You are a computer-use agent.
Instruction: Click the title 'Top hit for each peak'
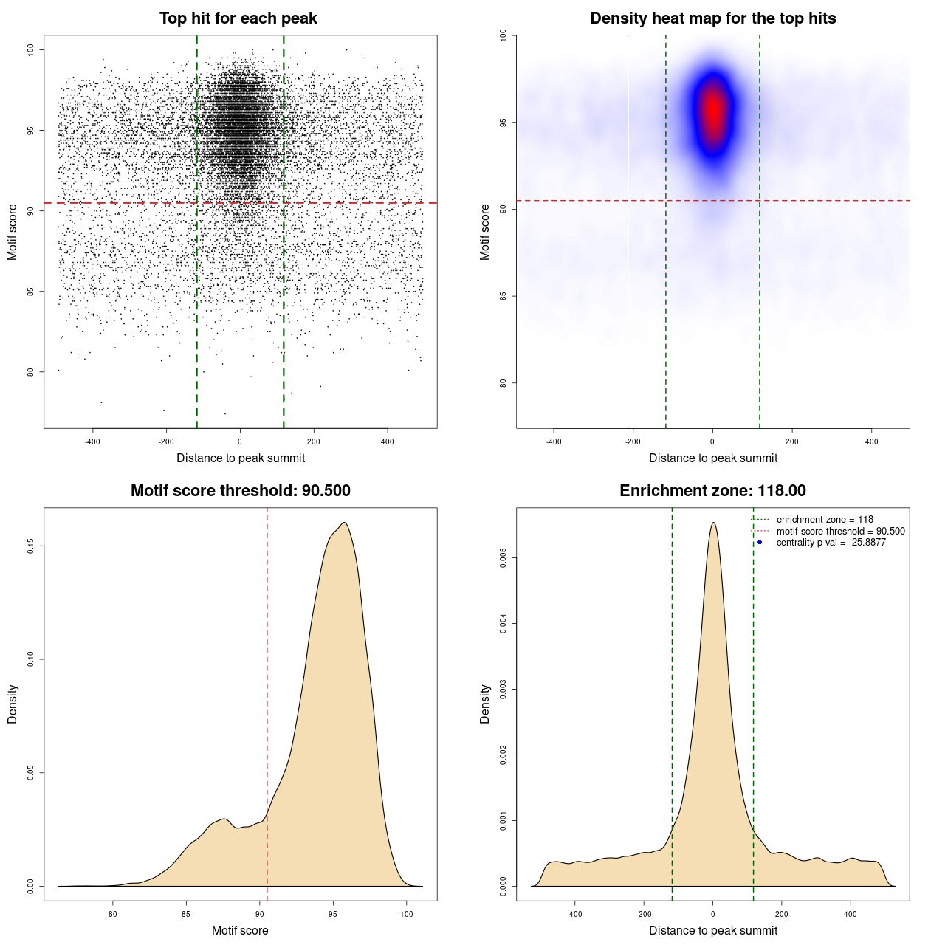[238, 18]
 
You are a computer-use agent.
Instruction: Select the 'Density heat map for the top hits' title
[712, 18]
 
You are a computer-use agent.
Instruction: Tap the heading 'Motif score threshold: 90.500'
[240, 491]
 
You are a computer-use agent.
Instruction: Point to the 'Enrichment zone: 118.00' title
[712, 491]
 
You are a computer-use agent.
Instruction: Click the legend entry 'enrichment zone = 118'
[825, 520]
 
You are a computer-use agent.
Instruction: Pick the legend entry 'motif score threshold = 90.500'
[840, 531]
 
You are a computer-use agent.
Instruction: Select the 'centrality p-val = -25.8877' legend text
[831, 543]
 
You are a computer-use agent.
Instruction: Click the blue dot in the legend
[760, 543]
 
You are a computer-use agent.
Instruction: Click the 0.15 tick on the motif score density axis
[31, 546]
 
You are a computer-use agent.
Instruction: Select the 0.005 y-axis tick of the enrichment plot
[504, 558]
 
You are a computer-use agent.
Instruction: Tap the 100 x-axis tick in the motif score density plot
[406, 914]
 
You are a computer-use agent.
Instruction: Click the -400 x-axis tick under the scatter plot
[92, 441]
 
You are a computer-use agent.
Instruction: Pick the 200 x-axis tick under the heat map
[792, 441]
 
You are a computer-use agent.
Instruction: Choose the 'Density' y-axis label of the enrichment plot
[485, 704]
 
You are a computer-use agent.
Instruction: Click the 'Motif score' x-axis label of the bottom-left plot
[240, 930]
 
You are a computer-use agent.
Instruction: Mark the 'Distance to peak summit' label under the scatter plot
[241, 458]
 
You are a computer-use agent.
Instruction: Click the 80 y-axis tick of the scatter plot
[31, 372]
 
